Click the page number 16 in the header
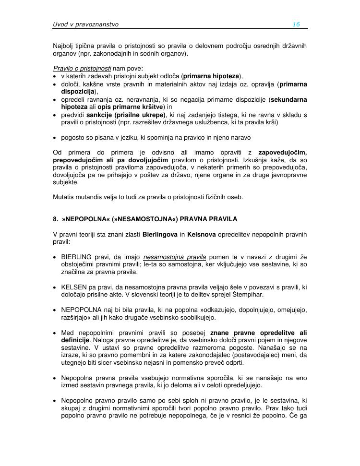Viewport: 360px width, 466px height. [296, 24]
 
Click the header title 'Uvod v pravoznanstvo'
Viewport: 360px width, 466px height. [85, 24]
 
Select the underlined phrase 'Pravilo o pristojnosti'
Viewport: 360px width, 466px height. [82, 68]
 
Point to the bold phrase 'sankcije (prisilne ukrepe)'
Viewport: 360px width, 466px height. [126, 115]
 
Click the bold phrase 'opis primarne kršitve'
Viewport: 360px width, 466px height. [131, 107]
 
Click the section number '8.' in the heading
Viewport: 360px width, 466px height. [56, 219]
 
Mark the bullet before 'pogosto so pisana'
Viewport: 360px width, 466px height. [55, 137]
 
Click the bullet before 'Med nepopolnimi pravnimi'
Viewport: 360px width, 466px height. [55, 333]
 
